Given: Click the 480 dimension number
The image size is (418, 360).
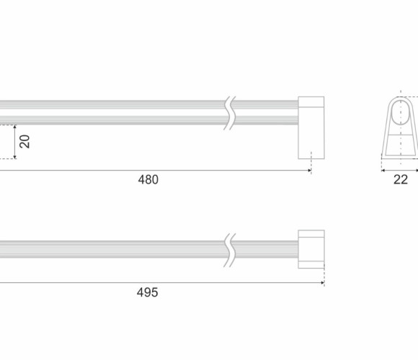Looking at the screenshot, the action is pyautogui.click(x=148, y=180).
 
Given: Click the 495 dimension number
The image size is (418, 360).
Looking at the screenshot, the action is pyautogui.click(x=148, y=292).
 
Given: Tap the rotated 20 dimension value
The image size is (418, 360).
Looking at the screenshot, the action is pyautogui.click(x=25, y=141).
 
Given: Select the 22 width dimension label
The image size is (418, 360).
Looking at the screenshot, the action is pyautogui.click(x=401, y=180).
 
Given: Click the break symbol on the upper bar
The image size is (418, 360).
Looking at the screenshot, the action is pyautogui.click(x=229, y=113).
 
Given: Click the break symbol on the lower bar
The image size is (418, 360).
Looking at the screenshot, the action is pyautogui.click(x=229, y=251).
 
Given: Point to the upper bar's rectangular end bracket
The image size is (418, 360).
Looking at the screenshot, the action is pyautogui.click(x=311, y=128).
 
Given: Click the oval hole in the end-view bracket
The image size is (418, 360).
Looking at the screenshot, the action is pyautogui.click(x=401, y=112).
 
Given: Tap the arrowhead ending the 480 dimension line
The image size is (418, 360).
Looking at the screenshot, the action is pyautogui.click(x=309, y=171).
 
